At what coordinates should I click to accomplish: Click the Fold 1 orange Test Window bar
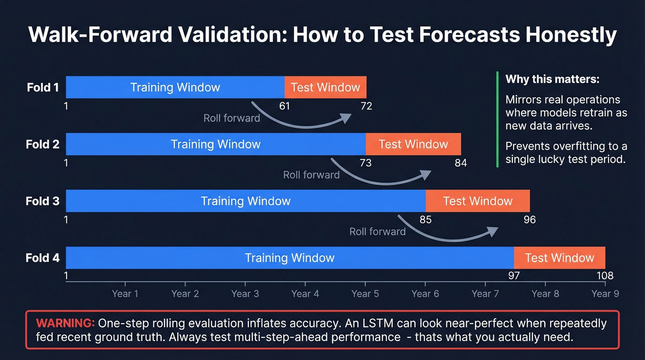tap(325, 88)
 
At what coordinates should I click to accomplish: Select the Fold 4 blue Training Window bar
tap(289, 258)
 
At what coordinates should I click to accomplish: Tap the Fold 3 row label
tap(43, 201)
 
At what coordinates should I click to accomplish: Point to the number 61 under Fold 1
tap(285, 106)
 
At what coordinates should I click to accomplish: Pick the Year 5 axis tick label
tap(365, 294)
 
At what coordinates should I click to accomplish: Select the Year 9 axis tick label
tap(605, 294)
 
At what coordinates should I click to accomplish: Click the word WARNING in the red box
tap(65, 323)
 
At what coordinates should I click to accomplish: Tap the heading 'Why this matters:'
tap(552, 79)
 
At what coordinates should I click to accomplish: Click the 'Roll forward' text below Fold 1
tap(232, 118)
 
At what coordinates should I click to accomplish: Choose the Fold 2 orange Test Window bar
tap(413, 144)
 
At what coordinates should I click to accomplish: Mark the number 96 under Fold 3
tap(530, 219)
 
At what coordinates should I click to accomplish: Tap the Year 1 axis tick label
tap(125, 294)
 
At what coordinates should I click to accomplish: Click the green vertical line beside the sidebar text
tap(498, 119)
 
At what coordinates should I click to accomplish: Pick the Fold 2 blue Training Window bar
tap(216, 144)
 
